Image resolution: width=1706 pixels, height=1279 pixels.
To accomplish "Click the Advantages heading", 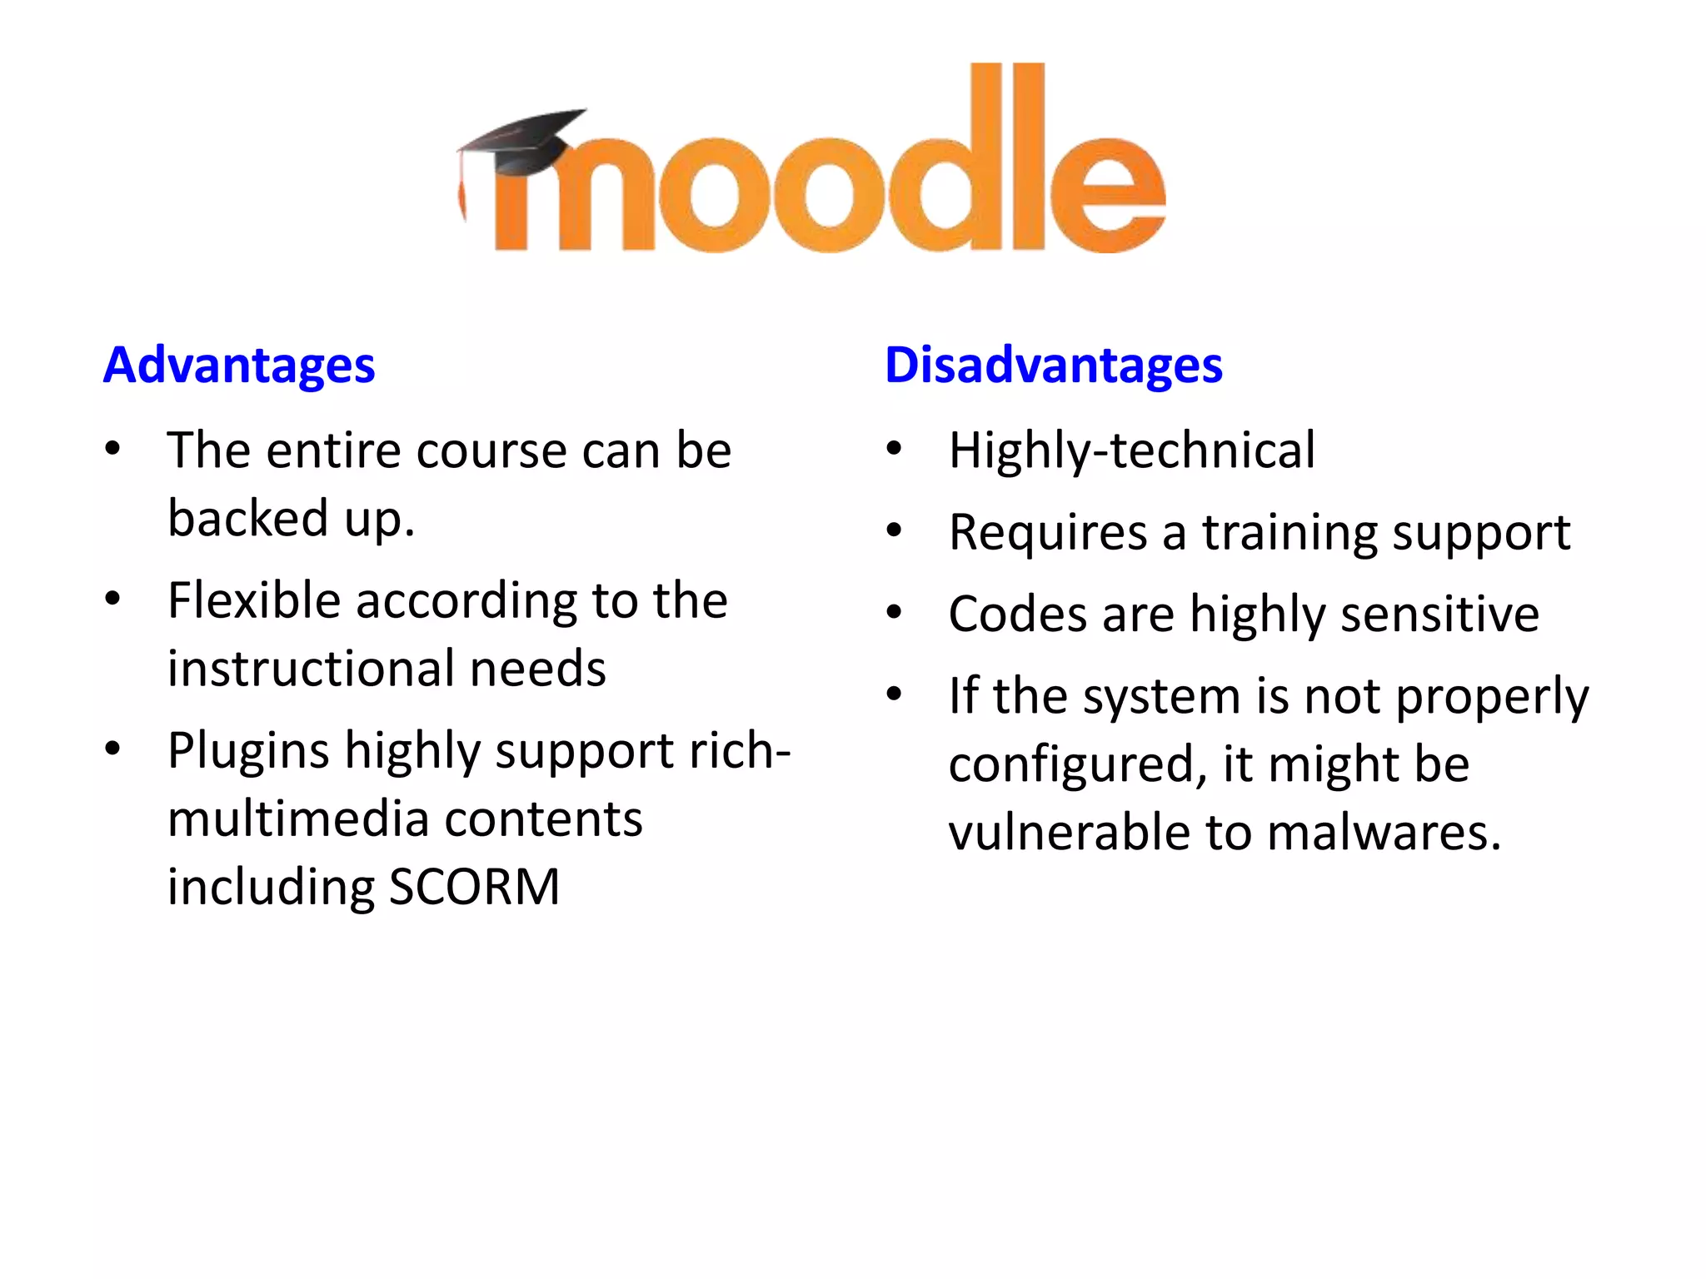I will pos(239,366).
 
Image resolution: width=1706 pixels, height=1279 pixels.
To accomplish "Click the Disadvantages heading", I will pos(1053,366).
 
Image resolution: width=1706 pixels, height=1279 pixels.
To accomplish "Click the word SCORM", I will pos(474,887).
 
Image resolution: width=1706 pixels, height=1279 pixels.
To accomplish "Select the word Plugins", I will pos(248,751).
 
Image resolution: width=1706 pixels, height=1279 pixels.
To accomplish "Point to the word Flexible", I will pos(254,600).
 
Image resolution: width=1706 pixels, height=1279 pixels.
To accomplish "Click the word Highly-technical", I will pos(1131,450).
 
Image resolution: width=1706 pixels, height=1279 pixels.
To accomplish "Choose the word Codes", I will pos(1017,615).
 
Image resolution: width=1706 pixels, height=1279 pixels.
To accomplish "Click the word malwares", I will pos(1384,832).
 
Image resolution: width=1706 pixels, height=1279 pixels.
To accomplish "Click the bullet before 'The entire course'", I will pos(113,450).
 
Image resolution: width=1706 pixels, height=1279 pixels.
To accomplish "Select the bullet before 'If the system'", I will pos(895,694).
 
